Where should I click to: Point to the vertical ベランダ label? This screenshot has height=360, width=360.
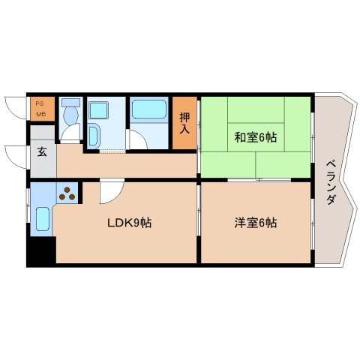pos(330,184)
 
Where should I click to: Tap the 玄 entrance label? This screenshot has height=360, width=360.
pos(42,152)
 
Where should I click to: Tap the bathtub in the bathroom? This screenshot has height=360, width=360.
pos(150,110)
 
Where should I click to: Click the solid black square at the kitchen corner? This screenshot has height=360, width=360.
pos(40,250)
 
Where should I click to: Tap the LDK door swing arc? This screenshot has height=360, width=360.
pos(108,193)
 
